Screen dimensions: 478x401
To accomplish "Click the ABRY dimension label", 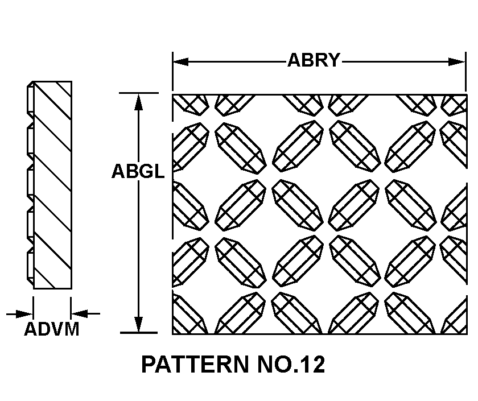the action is tap(314, 60).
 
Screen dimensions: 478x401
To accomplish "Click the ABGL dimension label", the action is tap(138, 171).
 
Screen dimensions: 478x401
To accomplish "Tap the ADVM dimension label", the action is tap(52, 329).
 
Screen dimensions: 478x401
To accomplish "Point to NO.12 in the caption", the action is tap(291, 364).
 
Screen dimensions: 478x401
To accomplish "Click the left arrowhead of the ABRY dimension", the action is tap(180, 62).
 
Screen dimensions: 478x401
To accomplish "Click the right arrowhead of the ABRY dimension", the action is tap(458, 62).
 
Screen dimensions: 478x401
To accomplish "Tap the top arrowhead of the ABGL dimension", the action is tap(139, 102).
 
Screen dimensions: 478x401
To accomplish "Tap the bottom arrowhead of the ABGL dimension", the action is tap(139, 324).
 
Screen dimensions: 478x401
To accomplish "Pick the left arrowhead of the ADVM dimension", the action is tap(25, 313).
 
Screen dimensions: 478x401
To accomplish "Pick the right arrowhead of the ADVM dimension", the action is tap(79, 313).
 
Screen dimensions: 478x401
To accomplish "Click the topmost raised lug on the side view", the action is tap(30, 100).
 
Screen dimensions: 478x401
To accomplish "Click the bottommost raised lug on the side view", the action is tap(30, 264).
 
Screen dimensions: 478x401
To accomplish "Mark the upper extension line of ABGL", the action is tap(139, 93).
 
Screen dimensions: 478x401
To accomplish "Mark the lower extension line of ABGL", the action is tap(139, 333).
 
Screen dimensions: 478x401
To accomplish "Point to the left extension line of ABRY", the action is tap(173, 72).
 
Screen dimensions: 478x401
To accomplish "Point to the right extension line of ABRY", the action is tap(466, 72).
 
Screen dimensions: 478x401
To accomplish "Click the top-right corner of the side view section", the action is tap(72, 82).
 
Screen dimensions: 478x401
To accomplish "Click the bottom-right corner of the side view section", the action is tap(72, 288).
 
